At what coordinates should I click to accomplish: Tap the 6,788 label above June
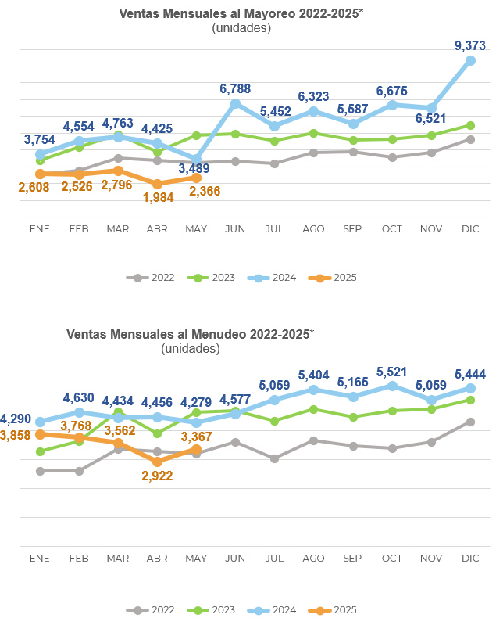tap(235, 89)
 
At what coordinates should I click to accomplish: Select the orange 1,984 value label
tap(158, 196)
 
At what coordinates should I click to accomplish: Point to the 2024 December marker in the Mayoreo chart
tap(470, 60)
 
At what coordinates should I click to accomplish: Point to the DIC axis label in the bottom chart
tap(470, 558)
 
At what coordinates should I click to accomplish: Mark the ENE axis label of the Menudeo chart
tap(40, 558)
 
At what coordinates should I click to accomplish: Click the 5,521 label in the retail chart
tap(392, 372)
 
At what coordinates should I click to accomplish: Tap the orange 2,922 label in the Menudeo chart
tap(157, 475)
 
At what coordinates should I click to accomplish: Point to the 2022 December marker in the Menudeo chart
tap(470, 422)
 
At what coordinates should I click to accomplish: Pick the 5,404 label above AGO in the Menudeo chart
tap(314, 375)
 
